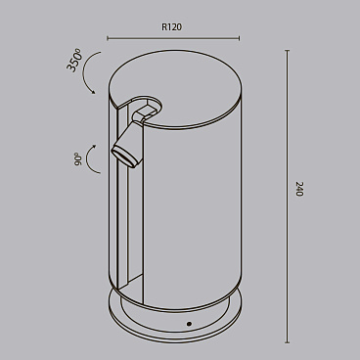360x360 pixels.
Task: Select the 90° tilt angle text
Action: click(77, 159)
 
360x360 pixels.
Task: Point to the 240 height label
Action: click(298, 190)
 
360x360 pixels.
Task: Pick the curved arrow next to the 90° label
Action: click(93, 159)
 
